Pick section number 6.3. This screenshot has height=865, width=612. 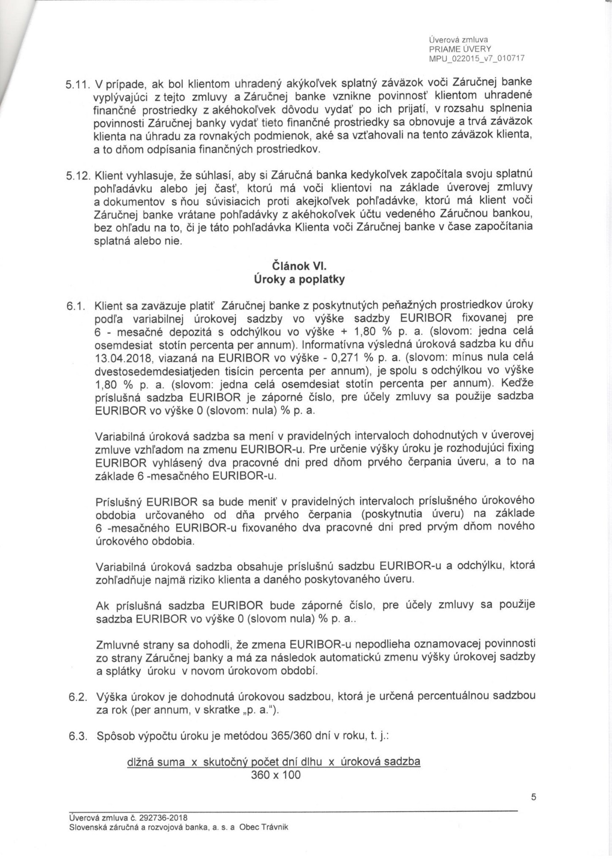78,737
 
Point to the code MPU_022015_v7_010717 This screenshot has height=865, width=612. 476,59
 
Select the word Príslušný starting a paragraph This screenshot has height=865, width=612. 119,502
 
